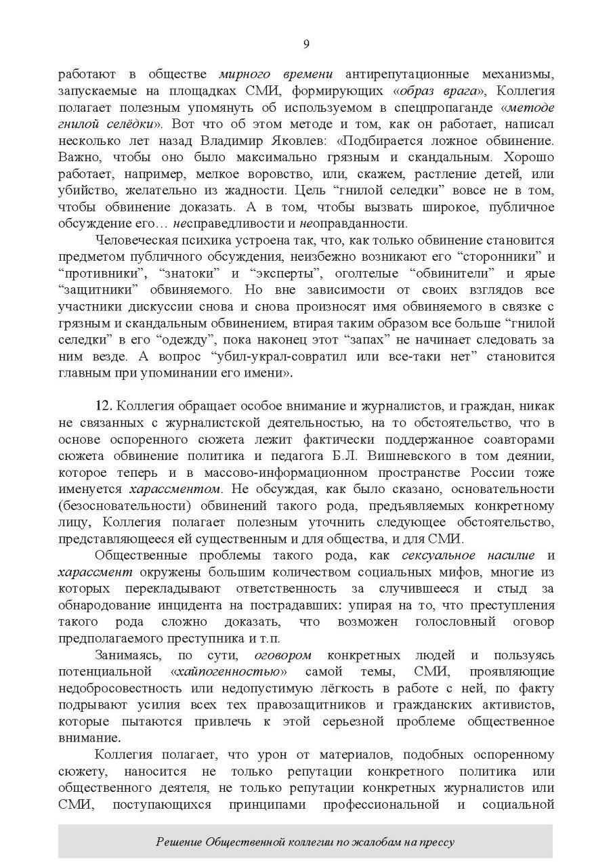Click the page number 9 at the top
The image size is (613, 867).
(x=306, y=44)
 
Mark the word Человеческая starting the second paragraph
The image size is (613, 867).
(x=134, y=240)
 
